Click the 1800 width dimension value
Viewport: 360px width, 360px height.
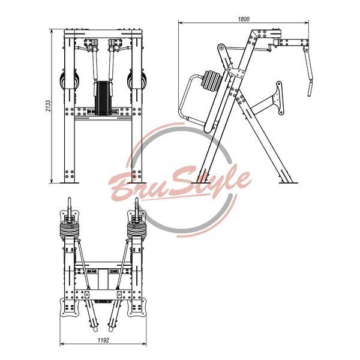(244, 19)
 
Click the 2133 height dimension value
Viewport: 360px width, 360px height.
(48, 106)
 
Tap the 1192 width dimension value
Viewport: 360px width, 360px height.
(103, 340)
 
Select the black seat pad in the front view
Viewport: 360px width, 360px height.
(103, 98)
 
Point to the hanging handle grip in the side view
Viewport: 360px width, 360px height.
(310, 88)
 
